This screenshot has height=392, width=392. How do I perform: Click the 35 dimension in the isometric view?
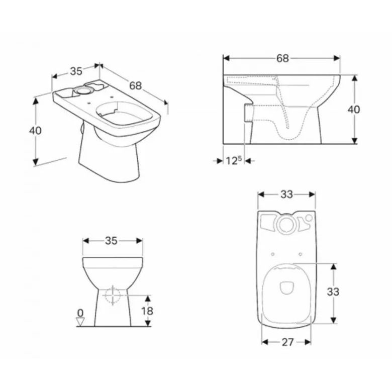(x=76, y=71)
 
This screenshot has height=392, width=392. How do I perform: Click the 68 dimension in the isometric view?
(x=136, y=85)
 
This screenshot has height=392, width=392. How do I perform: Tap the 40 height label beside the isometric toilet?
(x=35, y=131)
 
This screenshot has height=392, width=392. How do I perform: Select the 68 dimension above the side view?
(x=282, y=58)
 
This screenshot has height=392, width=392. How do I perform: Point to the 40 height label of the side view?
(x=354, y=109)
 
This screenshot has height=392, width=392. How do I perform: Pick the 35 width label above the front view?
(x=111, y=241)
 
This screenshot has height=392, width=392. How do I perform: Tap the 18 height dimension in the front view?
(x=147, y=311)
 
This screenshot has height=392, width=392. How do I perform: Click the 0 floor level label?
(x=80, y=313)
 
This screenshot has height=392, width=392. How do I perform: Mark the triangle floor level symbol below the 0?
(x=80, y=322)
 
